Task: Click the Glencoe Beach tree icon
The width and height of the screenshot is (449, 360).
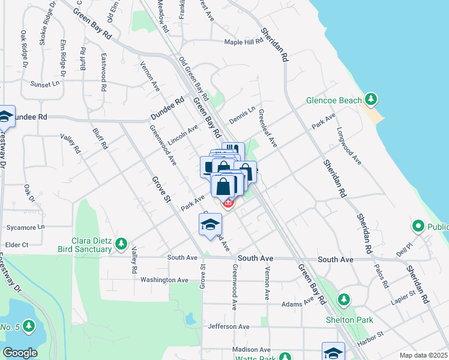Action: (x=372, y=98)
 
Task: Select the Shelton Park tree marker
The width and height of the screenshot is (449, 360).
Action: (x=344, y=299)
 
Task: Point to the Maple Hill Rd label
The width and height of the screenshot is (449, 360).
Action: (x=244, y=42)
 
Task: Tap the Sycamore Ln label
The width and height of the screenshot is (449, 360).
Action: (x=25, y=227)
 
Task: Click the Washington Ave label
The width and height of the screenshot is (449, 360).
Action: (x=164, y=280)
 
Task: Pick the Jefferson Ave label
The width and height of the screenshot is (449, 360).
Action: (x=228, y=326)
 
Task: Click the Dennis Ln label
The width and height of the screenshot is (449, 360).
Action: (x=242, y=112)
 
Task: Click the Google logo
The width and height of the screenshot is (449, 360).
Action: (x=20, y=353)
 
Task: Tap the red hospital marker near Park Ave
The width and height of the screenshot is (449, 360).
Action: (x=228, y=203)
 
